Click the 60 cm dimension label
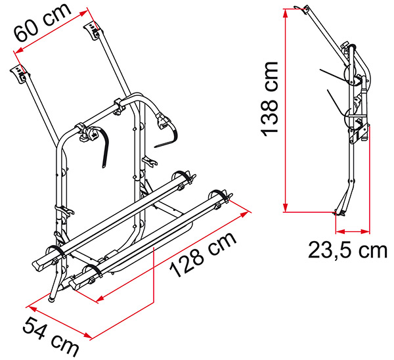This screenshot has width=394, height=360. coord(42,22)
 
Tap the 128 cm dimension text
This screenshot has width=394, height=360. coord(203,254)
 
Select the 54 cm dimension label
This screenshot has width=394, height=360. coord(51,336)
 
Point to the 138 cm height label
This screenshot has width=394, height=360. coord(270,99)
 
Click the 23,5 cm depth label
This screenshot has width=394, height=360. coord(348,250)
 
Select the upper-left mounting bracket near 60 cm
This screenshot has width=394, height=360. coord(20,74)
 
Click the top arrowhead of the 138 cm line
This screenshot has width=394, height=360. coord(285,13)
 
